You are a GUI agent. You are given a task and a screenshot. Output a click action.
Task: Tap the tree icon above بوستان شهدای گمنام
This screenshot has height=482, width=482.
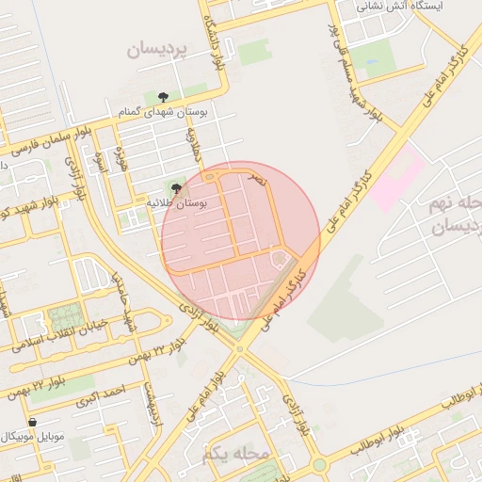pos(163,96)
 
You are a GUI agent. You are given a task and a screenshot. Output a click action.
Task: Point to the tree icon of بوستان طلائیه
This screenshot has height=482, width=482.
pos(176,188)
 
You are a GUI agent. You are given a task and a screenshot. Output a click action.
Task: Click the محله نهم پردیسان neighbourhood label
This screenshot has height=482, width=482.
pos(455,216)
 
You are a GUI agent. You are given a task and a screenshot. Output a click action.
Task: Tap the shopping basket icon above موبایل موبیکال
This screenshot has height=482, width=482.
pos(33,423)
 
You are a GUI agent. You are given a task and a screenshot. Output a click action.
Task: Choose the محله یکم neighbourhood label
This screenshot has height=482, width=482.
pos(234,455)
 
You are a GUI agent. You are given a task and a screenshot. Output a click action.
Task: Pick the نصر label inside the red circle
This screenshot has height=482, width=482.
pos(256,177)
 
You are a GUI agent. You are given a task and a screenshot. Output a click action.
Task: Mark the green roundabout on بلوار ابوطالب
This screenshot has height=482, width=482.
pos(319,464)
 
